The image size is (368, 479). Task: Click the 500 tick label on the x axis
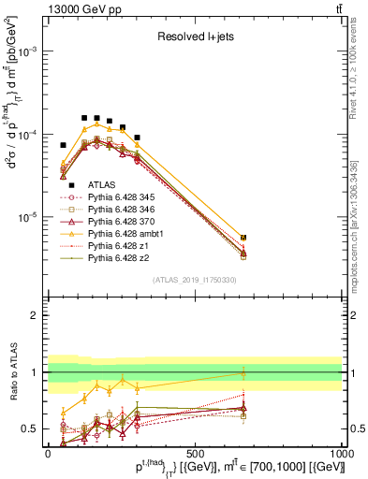(195, 452)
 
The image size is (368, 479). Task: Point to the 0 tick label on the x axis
(49, 452)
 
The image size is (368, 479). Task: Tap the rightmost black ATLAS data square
(243, 239)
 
